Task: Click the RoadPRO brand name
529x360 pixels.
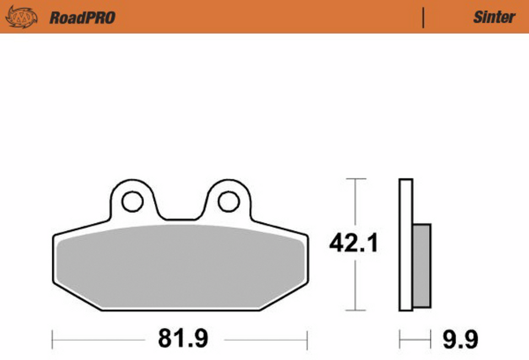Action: tap(82, 18)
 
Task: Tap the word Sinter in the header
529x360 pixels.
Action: tap(494, 17)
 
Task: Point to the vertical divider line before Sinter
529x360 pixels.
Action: tap(423, 18)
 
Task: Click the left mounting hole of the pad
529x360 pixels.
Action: tap(132, 202)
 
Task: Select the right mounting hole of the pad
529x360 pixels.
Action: tap(228, 202)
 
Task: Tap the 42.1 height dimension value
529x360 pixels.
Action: tap(353, 243)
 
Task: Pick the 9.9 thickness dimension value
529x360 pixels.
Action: tap(460, 339)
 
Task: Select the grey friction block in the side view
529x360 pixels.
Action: tap(422, 266)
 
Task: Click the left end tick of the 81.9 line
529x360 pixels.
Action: tap(52, 338)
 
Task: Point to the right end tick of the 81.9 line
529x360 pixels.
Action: tap(307, 338)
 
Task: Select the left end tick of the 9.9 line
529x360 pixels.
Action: tap(400, 339)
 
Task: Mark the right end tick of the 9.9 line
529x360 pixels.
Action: tap(430, 339)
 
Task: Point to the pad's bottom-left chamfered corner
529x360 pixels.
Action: tap(69, 297)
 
